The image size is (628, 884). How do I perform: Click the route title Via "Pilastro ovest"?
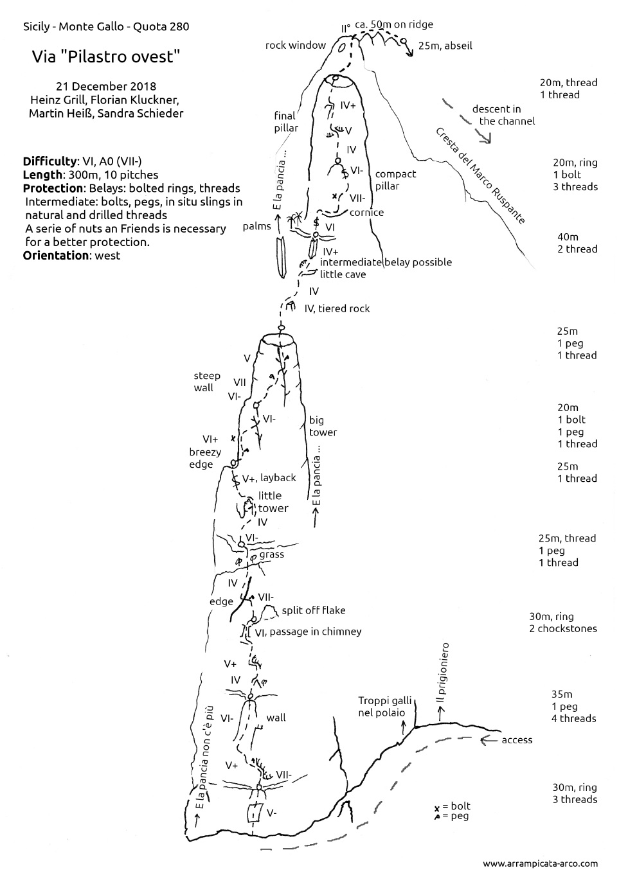[x=105, y=57]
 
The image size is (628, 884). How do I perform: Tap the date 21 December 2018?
[x=106, y=86]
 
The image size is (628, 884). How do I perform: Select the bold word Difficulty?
[x=49, y=161]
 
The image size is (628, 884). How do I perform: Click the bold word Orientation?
[x=55, y=255]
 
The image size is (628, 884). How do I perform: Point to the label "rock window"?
[x=295, y=45]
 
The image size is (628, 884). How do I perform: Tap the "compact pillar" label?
[x=395, y=180]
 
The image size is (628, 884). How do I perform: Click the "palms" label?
[x=258, y=226]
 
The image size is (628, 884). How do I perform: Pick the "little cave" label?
[x=343, y=274]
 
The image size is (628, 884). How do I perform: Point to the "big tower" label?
[x=323, y=426]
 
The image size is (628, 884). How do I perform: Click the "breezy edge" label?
[x=205, y=458]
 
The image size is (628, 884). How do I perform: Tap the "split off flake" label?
[x=313, y=610]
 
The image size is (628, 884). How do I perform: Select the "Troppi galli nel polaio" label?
[x=382, y=707]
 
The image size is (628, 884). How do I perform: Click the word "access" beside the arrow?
[x=517, y=739]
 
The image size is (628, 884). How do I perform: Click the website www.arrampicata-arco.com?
[x=540, y=863]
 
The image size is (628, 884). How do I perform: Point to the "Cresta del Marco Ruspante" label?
[x=480, y=176]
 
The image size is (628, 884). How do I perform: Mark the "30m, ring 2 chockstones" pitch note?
[x=562, y=622]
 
